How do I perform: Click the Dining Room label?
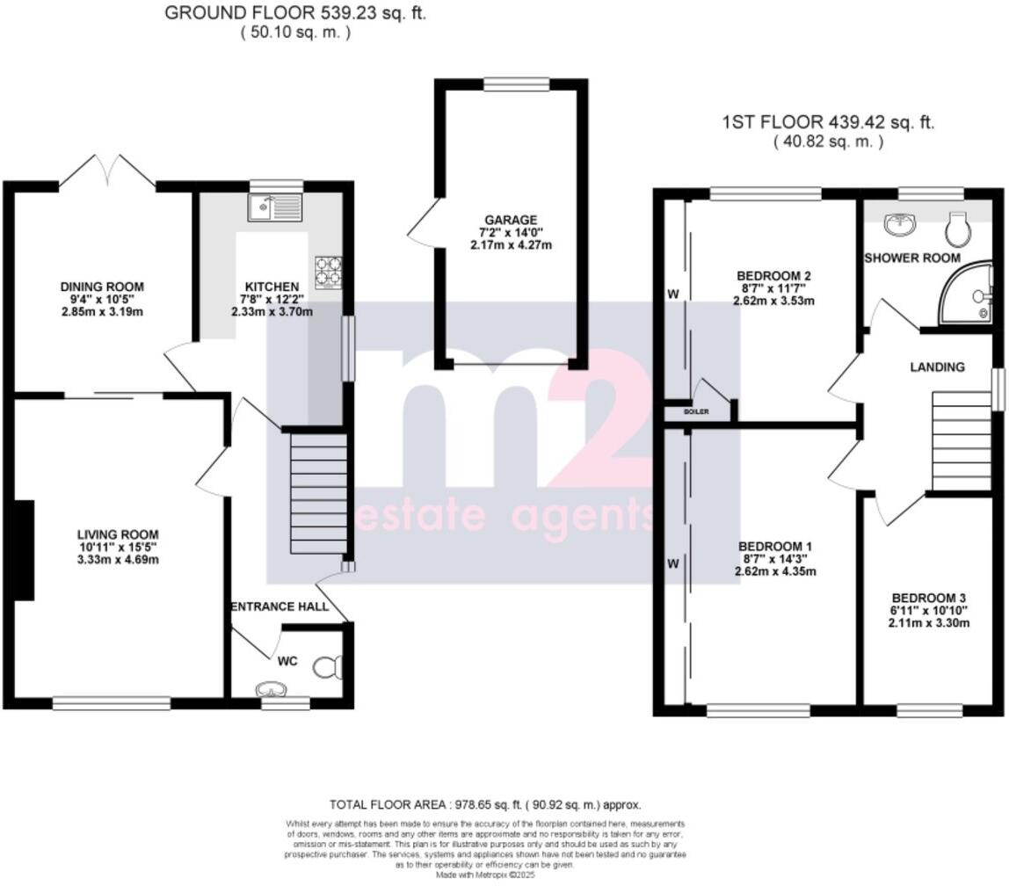(102, 287)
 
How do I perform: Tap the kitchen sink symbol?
(274, 208)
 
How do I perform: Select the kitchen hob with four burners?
(328, 272)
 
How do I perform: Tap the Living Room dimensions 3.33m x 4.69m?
(117, 560)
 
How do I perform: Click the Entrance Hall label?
(279, 606)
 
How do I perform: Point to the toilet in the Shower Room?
(958, 230)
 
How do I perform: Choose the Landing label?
(938, 367)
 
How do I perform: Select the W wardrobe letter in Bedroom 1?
(673, 565)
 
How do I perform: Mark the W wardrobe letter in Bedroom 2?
(673, 294)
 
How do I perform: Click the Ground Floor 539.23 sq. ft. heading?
(295, 13)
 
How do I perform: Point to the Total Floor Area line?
(485, 804)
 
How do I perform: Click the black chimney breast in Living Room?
(25, 550)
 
